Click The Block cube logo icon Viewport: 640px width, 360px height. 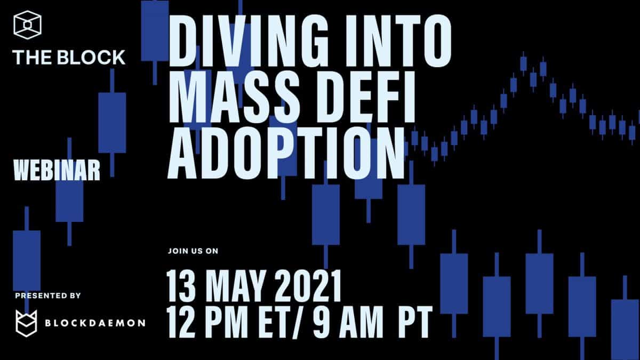(27, 25)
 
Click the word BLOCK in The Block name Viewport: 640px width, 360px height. (91, 58)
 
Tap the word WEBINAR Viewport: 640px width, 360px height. (57, 170)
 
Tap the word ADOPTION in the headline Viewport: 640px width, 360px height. (286, 153)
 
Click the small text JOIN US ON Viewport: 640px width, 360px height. (193, 251)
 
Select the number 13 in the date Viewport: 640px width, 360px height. (181, 285)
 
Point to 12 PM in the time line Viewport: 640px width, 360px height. (207, 322)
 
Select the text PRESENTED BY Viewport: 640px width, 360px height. (48, 295)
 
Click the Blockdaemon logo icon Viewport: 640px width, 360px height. (26, 323)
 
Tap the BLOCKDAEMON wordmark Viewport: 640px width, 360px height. (95, 323)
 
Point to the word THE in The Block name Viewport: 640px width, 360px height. (33, 58)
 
